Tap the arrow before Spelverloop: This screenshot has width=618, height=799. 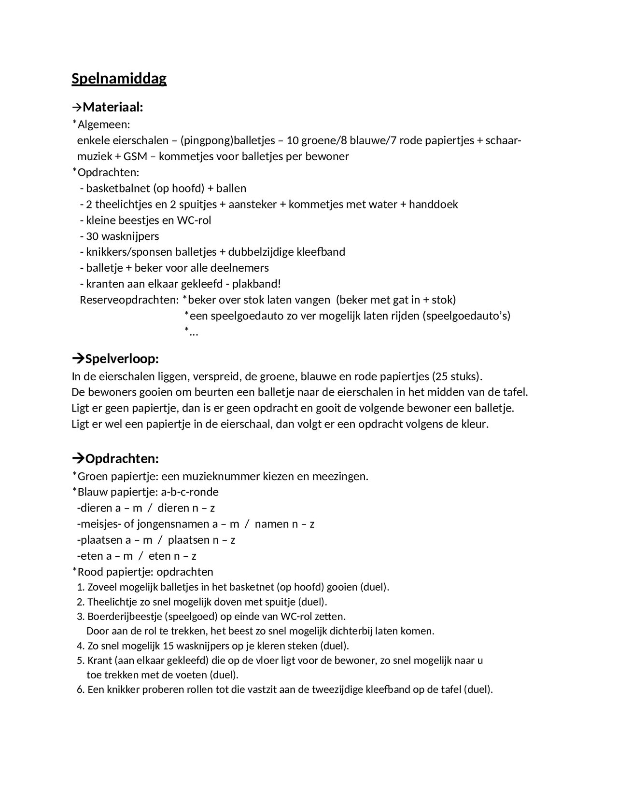click(x=77, y=359)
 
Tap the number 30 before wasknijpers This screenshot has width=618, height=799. click(x=92, y=236)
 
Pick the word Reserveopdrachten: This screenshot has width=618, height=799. click(x=129, y=300)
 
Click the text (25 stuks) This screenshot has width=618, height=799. click(x=457, y=376)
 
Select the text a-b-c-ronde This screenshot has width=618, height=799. click(x=191, y=492)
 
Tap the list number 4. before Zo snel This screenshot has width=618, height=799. click(x=81, y=646)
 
